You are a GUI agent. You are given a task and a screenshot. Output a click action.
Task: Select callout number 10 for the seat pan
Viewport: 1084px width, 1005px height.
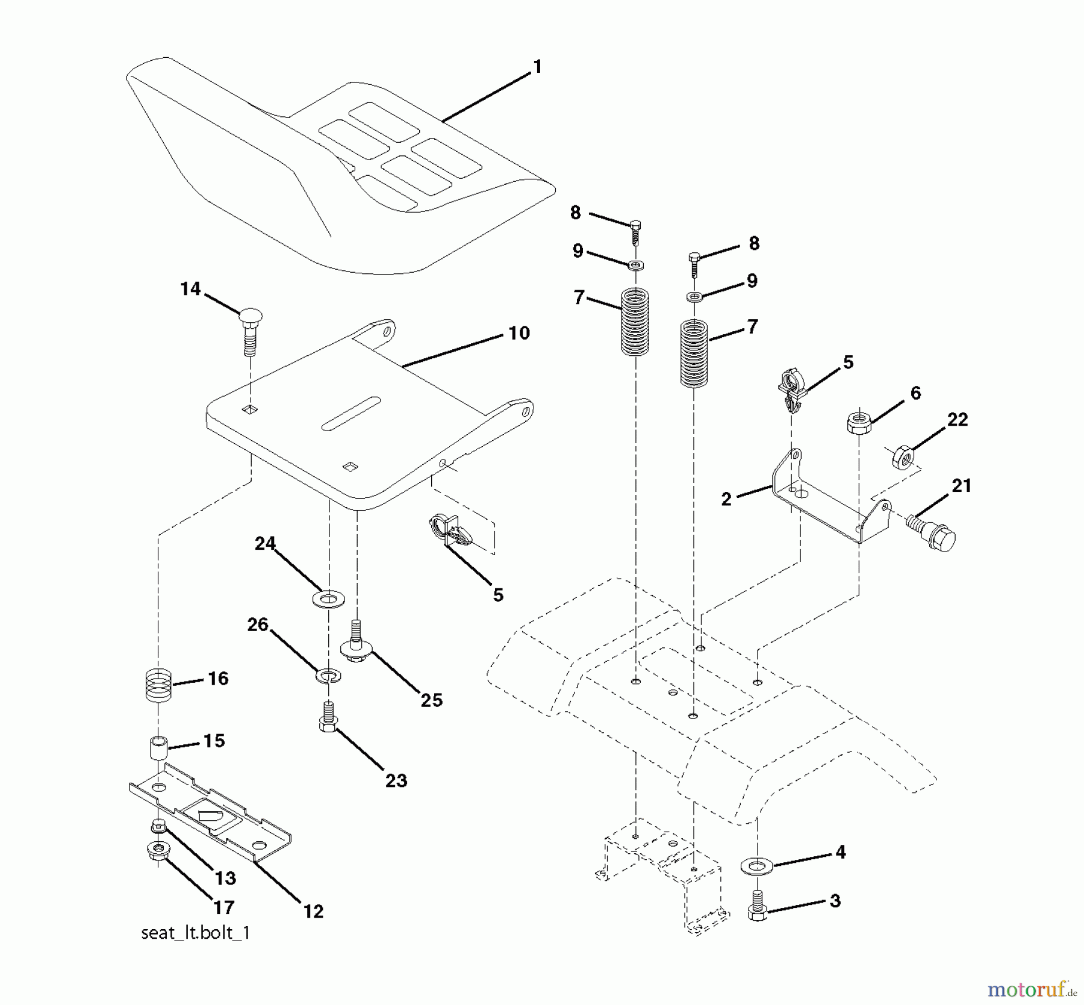[x=519, y=333]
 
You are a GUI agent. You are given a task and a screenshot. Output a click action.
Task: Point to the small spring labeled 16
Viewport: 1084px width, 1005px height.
[x=159, y=684]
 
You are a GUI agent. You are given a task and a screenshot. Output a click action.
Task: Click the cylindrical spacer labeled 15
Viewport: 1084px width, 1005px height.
[x=158, y=748]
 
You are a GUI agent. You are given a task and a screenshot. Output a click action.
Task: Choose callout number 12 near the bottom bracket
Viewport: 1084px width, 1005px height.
[x=313, y=911]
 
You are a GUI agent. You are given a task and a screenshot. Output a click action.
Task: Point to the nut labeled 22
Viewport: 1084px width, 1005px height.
[x=903, y=458]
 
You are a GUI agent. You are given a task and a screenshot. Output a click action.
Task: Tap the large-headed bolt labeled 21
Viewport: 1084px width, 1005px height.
[x=931, y=529]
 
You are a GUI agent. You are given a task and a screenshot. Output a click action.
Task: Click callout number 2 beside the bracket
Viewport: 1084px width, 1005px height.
[x=726, y=499]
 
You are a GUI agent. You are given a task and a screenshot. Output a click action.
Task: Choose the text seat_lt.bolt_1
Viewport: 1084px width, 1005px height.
[x=195, y=933]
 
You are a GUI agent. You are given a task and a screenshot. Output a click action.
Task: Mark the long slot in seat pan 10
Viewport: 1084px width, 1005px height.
[x=351, y=414]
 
